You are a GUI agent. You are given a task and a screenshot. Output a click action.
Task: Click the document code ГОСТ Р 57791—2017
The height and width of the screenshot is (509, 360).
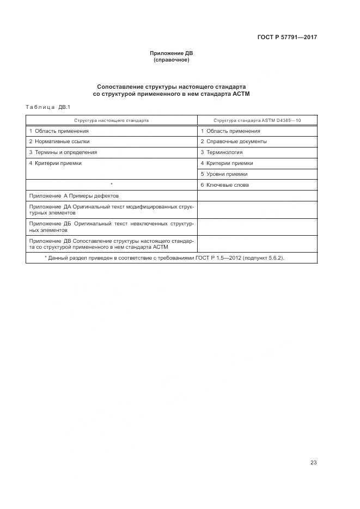tap(287, 37)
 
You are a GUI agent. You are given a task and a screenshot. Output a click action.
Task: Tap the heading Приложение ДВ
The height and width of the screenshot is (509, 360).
tap(172, 53)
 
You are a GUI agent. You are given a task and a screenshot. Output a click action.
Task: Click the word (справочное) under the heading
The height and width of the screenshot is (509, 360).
tap(172, 60)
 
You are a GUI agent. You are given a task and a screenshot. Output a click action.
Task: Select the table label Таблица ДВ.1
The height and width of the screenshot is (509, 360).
tap(48, 107)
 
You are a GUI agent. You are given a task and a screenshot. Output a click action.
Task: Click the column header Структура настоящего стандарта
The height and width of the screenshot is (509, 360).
tap(112, 120)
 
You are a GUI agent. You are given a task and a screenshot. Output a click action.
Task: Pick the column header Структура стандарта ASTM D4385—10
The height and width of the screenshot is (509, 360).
tap(257, 120)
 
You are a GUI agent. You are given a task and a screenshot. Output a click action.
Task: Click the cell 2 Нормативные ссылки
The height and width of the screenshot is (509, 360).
tap(59, 142)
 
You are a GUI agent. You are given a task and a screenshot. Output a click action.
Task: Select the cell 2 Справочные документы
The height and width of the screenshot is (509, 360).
tap(233, 142)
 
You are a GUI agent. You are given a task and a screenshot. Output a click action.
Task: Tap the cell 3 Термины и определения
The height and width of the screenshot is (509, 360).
tap(63, 152)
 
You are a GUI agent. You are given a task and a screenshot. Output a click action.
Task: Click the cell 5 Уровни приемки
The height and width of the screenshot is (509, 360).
tap(224, 174)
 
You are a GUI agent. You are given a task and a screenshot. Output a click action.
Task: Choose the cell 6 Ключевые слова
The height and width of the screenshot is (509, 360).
tap(224, 185)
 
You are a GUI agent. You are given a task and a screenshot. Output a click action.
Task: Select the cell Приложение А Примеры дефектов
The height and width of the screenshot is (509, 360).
tap(74, 196)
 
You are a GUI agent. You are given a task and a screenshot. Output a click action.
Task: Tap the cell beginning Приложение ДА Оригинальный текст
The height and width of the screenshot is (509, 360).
tap(111, 210)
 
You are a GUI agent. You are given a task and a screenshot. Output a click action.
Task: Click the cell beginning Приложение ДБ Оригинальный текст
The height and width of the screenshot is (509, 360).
tap(111, 226)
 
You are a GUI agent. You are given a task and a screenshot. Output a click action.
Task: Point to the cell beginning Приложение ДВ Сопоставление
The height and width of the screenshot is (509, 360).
tap(111, 243)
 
